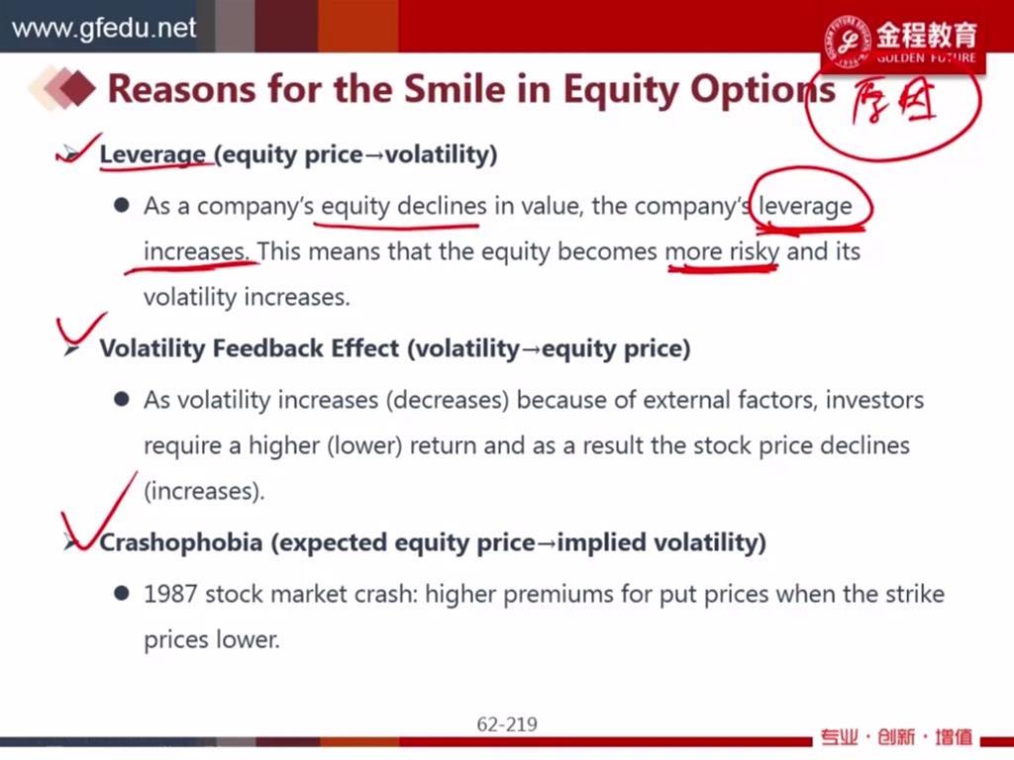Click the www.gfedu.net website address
pos(103,28)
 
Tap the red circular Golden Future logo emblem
pos(848,40)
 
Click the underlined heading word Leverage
pos(152,154)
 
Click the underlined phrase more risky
pos(722,251)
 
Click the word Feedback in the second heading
pos(269,348)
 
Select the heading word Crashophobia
pos(181,542)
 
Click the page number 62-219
pos(507,723)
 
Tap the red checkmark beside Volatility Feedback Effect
pos(81,331)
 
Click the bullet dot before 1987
pos(121,594)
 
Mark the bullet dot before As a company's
pos(121,206)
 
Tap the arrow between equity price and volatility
pos(373,155)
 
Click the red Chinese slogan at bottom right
pos(896,736)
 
